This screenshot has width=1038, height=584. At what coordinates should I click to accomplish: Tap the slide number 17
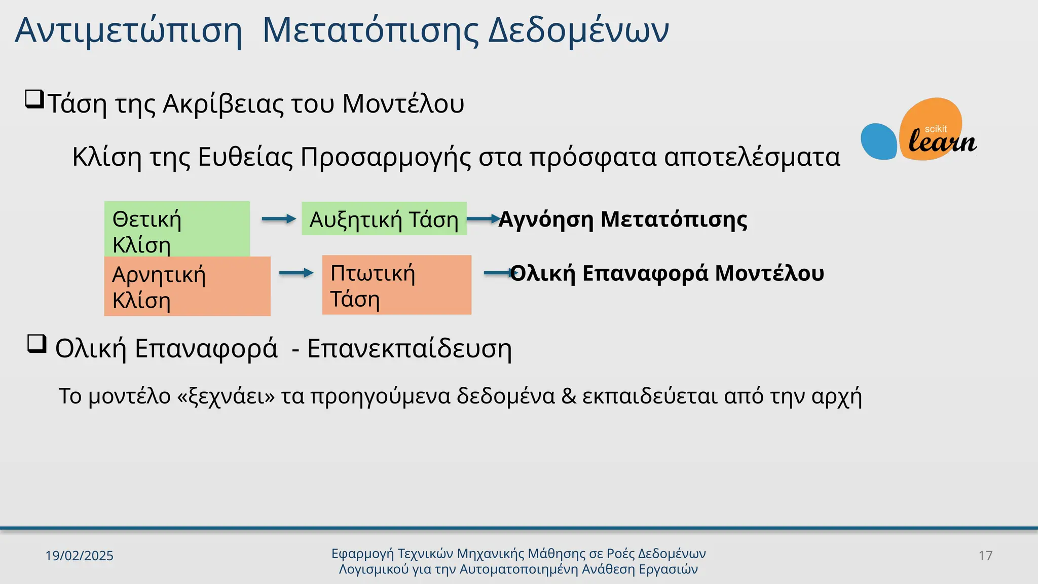point(985,556)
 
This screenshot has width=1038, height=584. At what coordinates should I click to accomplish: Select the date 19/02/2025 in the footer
point(79,556)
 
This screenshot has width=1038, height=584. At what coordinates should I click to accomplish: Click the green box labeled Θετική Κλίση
point(176,228)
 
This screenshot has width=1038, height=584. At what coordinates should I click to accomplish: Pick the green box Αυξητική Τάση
point(384,219)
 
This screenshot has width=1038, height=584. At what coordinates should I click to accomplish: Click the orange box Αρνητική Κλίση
point(187,286)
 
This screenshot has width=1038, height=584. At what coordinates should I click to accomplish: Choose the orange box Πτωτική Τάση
point(396,285)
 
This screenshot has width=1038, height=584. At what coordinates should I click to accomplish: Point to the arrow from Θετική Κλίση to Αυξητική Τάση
point(279,219)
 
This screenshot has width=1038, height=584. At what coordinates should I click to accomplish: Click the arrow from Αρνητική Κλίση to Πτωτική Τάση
point(296,273)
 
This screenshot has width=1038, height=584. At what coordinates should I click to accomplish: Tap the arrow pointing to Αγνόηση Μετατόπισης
point(483,219)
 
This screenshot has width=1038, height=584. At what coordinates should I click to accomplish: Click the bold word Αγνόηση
point(545,220)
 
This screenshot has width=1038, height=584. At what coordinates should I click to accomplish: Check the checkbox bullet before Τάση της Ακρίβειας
point(34,99)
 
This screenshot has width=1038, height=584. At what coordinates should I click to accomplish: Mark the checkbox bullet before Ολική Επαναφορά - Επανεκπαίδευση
point(36,344)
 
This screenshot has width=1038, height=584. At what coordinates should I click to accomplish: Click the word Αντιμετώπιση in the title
point(128,30)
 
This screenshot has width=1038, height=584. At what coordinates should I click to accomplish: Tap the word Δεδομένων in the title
point(578,30)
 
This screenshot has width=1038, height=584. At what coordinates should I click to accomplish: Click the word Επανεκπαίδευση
point(409,349)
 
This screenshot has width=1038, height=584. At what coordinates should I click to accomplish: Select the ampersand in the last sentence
point(569,396)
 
